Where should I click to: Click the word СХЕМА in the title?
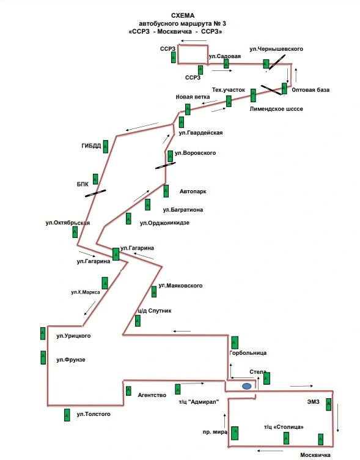[x=183, y=15]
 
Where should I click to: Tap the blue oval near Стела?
[x=246, y=386]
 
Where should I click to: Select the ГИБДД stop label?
[x=91, y=146]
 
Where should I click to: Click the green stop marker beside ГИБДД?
[x=106, y=147]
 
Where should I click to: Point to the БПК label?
[x=83, y=185]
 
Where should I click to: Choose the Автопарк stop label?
[x=193, y=191]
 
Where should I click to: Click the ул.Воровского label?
[x=195, y=153]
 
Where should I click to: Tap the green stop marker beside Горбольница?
[x=235, y=343]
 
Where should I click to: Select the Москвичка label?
[x=315, y=455]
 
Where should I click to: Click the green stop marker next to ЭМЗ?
[x=329, y=404]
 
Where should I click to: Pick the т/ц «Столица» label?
[x=284, y=427]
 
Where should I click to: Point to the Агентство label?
[x=152, y=395]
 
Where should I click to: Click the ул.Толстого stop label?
[x=94, y=414]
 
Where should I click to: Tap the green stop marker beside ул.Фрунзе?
[x=43, y=358]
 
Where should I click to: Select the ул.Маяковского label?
[x=180, y=286]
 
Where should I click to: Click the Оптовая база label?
[x=310, y=90]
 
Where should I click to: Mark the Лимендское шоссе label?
[x=276, y=109]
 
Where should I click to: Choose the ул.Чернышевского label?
[x=276, y=49]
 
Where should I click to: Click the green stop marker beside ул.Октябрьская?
[x=75, y=232]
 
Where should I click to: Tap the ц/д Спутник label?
[x=155, y=311]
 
